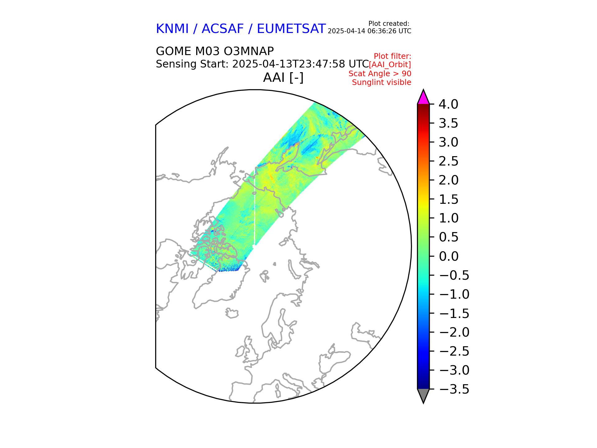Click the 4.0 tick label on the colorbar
coord(448,105)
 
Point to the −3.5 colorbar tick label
coord(454,389)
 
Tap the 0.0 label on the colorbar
coord(448,256)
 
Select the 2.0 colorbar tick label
coord(448,180)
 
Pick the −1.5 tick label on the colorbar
coord(454,313)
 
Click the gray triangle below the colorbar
coord(423,395)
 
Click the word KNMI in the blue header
coord(172,29)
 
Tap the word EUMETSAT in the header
coord(291,29)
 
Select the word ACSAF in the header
coord(223,29)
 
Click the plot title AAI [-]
coord(283,77)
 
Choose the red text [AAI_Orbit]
coord(390,65)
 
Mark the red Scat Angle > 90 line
coord(380,74)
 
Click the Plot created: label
coord(388,24)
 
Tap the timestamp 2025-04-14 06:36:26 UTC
coord(369,31)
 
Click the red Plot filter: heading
coord(392,56)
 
